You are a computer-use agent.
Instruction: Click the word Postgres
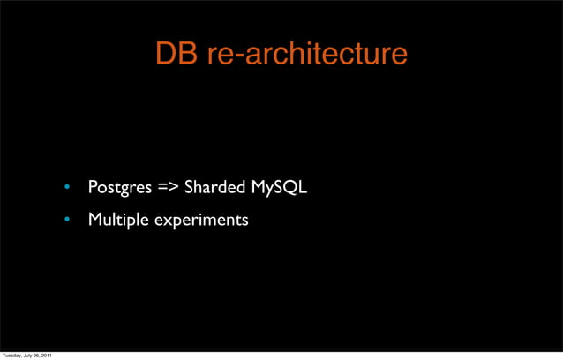coord(120,188)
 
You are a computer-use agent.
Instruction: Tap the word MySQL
coord(279,187)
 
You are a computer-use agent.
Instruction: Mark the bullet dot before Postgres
coord(64,188)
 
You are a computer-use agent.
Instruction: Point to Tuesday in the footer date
coord(12,356)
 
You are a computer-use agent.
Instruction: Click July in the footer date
coord(30,356)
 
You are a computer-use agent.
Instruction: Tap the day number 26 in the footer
coord(39,356)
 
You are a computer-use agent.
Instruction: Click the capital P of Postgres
coord(93,187)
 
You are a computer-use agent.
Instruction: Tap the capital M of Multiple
coord(95,219)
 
